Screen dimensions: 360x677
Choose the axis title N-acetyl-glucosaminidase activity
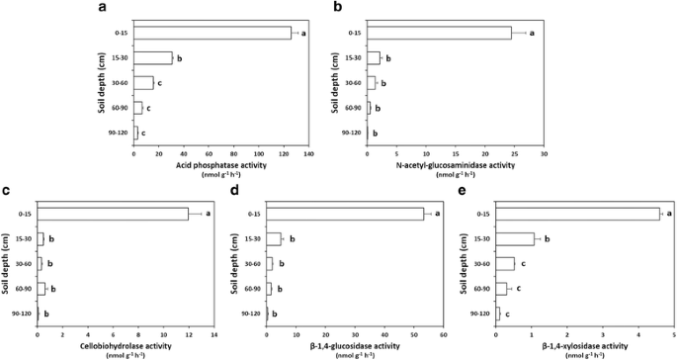(x=454, y=164)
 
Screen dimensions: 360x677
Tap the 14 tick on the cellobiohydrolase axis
(x=214, y=334)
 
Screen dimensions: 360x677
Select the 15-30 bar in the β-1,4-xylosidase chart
(x=514, y=238)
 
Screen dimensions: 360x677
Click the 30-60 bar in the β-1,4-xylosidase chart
(x=504, y=263)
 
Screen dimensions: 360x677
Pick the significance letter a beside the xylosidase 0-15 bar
(x=668, y=213)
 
